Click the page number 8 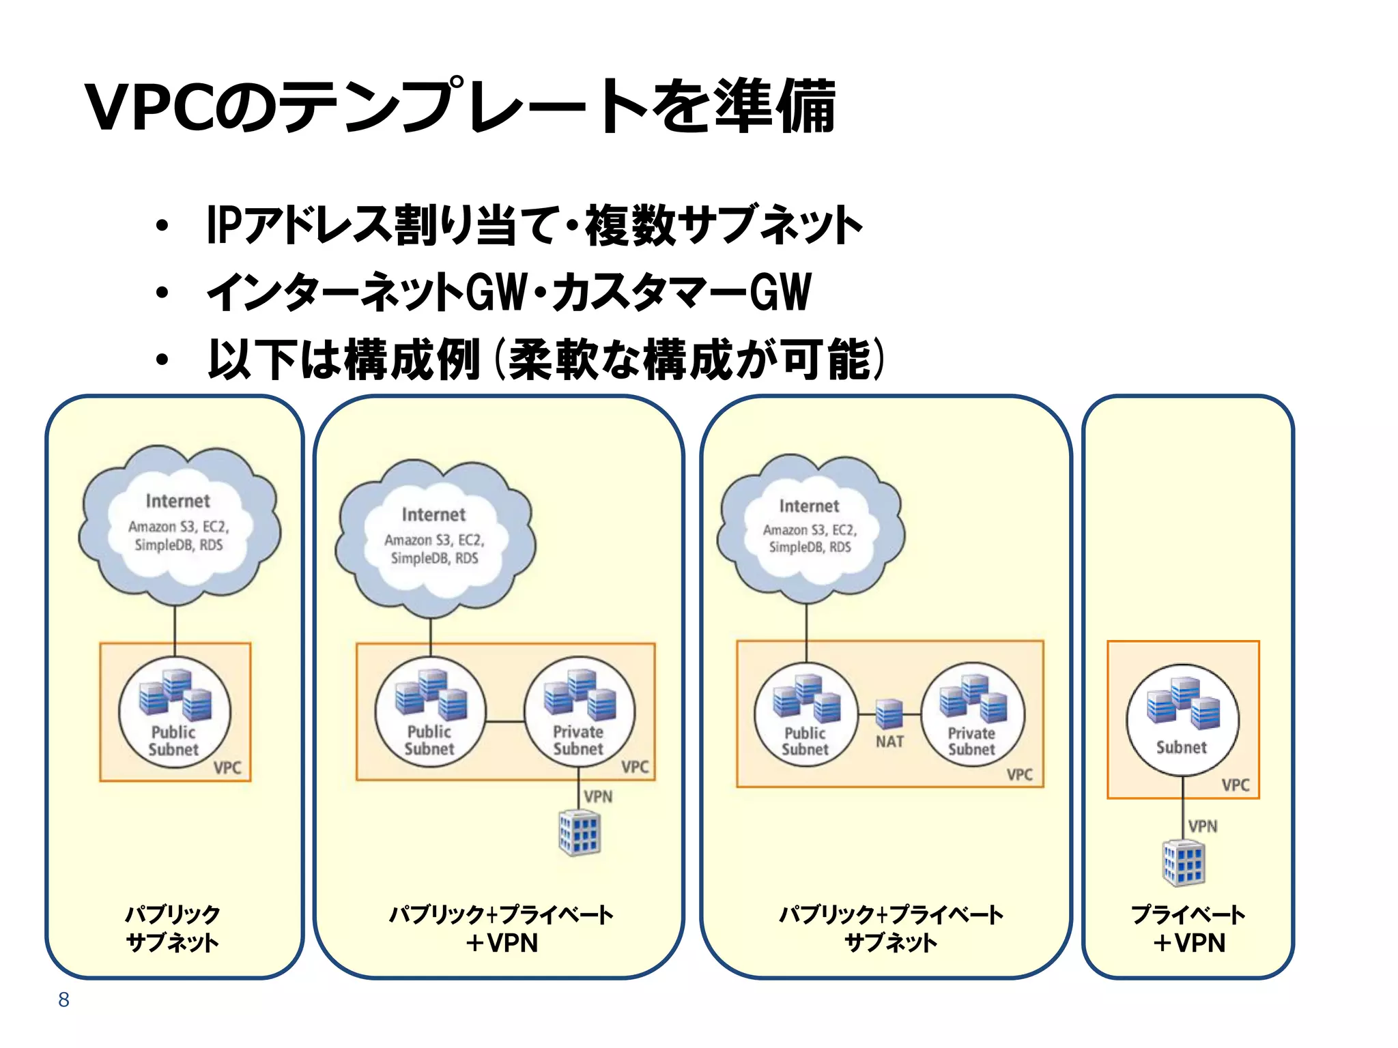pos(63,1000)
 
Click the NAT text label pos(889,742)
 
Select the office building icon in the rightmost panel pos(1183,863)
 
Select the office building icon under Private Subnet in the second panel pos(580,832)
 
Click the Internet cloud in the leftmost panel pos(178,525)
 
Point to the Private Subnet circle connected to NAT pos(972,714)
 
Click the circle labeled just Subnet pos(1182,720)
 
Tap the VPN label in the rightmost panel pos(1202,826)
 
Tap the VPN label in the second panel pos(598,796)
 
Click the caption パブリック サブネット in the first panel pos(173,928)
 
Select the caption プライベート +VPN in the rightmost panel pos(1188,928)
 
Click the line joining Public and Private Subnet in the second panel pos(504,720)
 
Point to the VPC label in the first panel pos(227,768)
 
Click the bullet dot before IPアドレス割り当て pos(162,226)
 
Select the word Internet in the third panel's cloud pos(809,506)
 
